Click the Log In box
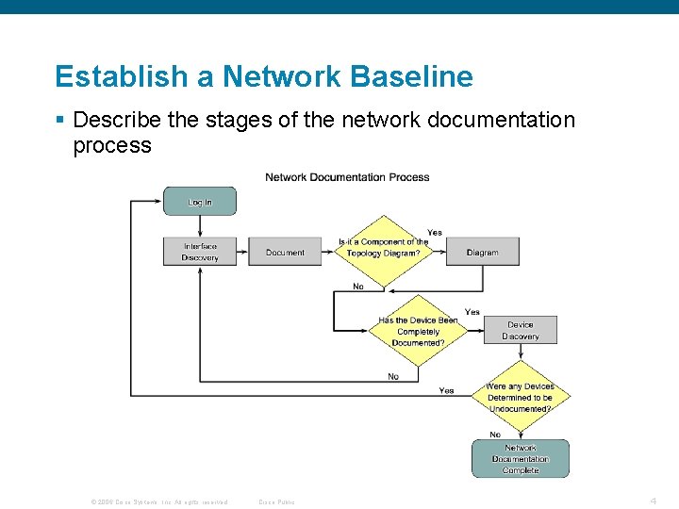pos(199,202)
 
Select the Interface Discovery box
pos(199,252)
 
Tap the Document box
pos(285,252)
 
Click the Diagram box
pos(482,252)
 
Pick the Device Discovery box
pos(520,330)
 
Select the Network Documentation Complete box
pos(521,459)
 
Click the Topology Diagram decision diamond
pos(383,248)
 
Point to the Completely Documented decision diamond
pos(418,331)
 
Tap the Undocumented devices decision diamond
pos(520,397)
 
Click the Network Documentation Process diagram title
pos(347,177)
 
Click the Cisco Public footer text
pos(276,501)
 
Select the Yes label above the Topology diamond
pos(435,232)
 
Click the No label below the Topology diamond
pos(358,286)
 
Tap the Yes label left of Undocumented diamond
pos(446,390)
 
